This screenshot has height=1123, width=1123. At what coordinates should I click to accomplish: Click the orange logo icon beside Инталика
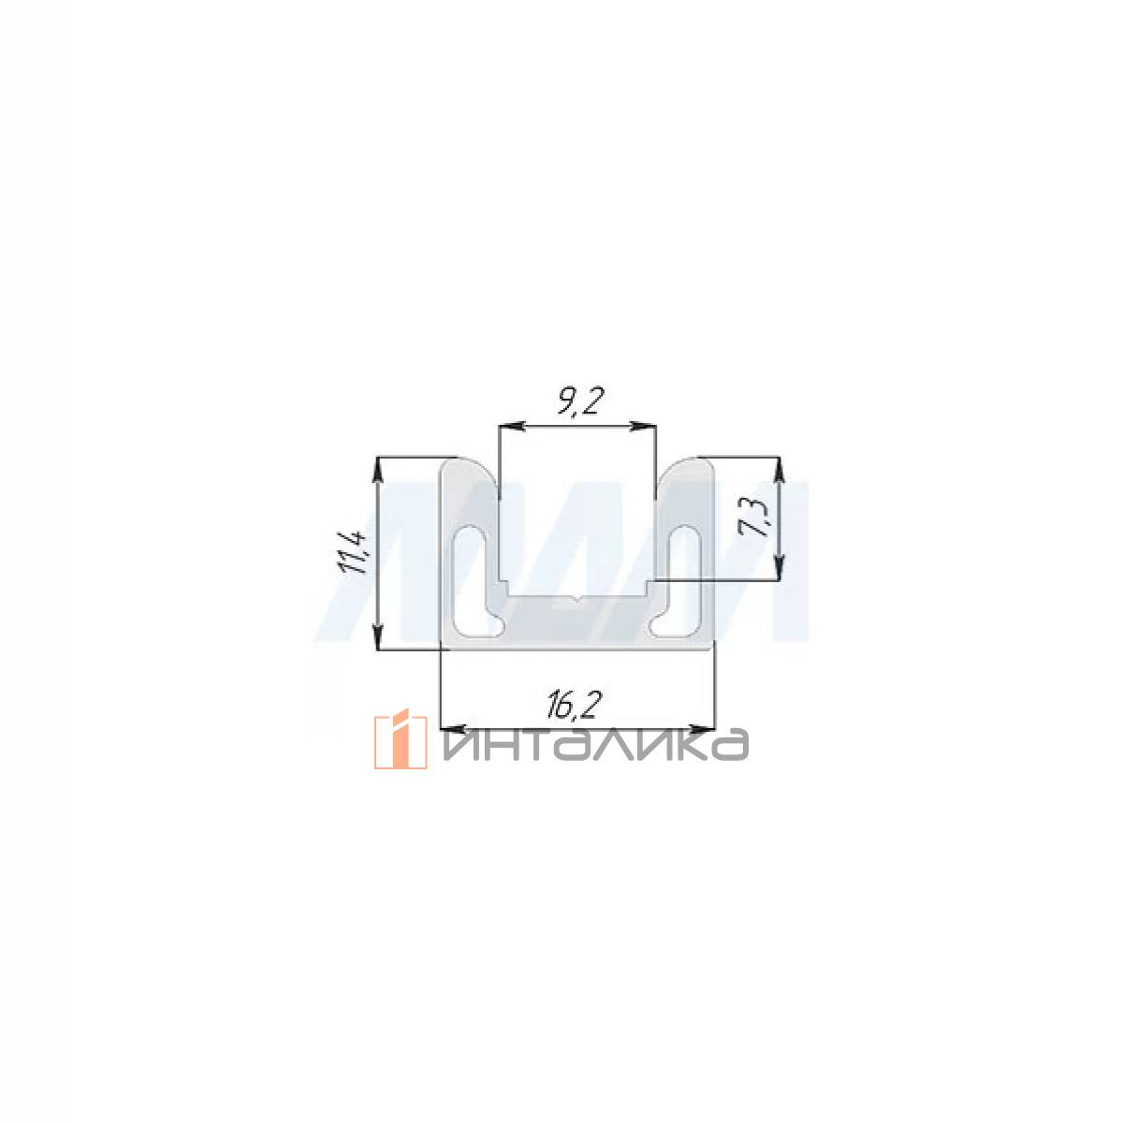(x=401, y=738)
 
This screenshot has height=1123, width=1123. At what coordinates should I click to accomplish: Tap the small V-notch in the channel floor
(x=577, y=597)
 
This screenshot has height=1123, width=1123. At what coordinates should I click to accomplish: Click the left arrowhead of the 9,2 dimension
(x=512, y=427)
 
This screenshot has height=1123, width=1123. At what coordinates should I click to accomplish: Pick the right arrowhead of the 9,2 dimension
(x=643, y=427)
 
